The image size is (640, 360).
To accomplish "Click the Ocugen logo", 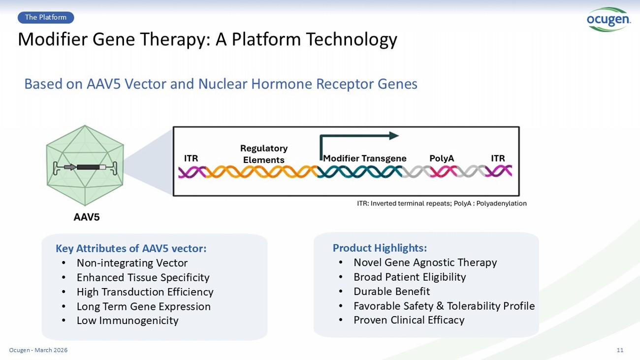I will point(608,19).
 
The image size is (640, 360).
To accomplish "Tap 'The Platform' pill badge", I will point(46,18).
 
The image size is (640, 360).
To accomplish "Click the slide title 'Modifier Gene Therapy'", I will point(207,39).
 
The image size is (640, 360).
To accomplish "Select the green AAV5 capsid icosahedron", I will point(85,165).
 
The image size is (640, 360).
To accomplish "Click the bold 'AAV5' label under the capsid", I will point(87,217).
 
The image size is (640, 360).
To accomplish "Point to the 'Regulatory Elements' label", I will point(264,154).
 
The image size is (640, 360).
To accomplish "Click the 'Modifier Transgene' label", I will point(365,159).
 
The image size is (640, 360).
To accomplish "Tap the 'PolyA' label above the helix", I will point(442,159).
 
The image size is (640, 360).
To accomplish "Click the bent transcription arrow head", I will point(393,136).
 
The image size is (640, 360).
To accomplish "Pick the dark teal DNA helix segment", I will point(359,172).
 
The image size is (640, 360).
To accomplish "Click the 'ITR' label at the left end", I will point(191,159).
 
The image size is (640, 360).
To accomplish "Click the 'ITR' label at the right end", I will point(498,159).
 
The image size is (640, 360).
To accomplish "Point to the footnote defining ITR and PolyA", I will point(442,203).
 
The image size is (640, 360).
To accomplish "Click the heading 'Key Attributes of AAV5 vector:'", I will point(131,249).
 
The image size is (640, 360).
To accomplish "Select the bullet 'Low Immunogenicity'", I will point(128,321).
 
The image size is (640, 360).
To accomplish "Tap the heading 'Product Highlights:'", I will point(380,248).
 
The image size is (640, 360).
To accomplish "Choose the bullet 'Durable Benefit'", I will point(391,292).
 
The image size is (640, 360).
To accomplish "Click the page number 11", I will point(620,350).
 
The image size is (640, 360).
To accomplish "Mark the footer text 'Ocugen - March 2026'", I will point(38,350).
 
